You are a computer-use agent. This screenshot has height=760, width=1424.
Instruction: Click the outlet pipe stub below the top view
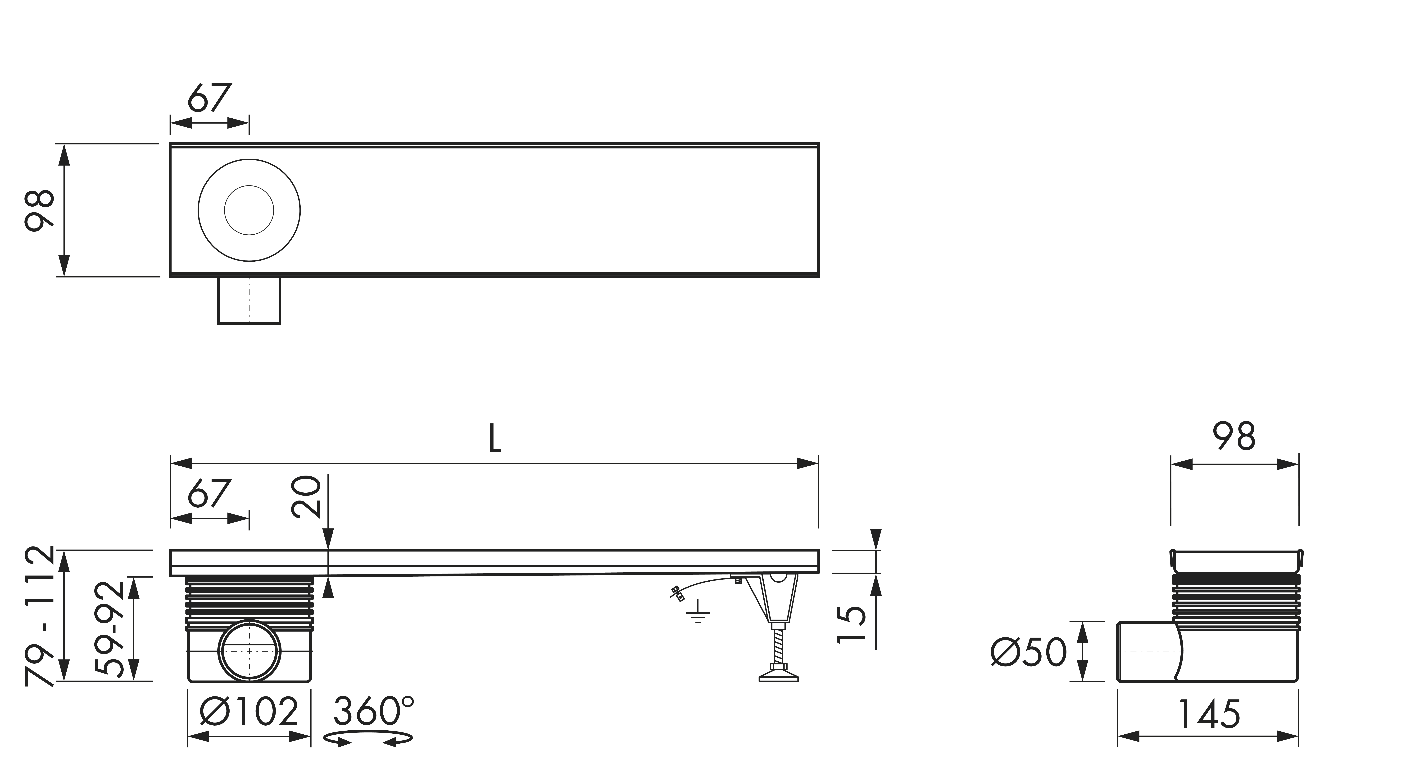click(x=249, y=300)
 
